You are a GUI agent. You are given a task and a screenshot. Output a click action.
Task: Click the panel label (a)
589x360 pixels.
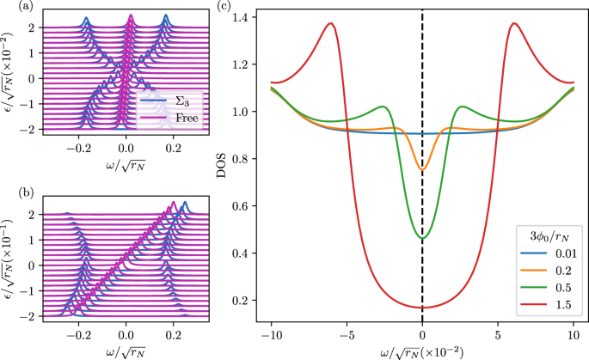pos(9,8)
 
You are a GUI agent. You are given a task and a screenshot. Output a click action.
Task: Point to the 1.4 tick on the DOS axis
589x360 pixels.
pos(247,18)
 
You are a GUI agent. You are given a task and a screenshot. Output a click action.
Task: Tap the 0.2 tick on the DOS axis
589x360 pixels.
pos(247,300)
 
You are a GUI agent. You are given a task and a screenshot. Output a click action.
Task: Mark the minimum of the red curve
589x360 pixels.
pos(422,308)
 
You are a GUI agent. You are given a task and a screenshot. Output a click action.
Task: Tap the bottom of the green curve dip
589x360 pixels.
pos(422,238)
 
